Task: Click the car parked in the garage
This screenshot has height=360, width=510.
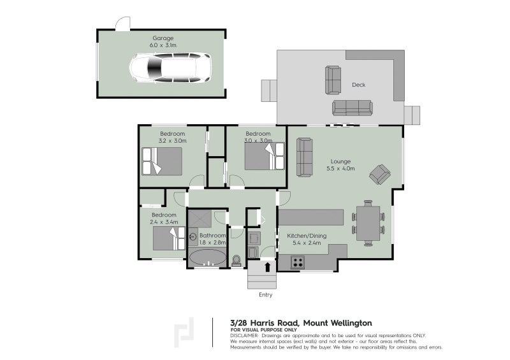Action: pyautogui.click(x=170, y=68)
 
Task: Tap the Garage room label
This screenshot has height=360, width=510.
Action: pyautogui.click(x=162, y=38)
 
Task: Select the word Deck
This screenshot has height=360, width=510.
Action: pyautogui.click(x=358, y=85)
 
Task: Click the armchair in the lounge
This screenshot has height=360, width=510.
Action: pyautogui.click(x=381, y=173)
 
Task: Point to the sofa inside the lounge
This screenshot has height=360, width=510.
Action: pyautogui.click(x=305, y=157)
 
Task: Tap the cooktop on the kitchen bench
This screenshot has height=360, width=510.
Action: pyautogui.click(x=298, y=261)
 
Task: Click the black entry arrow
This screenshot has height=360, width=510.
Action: pyautogui.click(x=266, y=265)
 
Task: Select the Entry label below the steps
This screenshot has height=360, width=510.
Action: pyautogui.click(x=266, y=295)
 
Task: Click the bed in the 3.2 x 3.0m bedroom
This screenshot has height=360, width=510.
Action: pyautogui.click(x=162, y=161)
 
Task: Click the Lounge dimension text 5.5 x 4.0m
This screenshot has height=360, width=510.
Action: pyautogui.click(x=340, y=169)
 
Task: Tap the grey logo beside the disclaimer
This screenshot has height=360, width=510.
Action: pyautogui.click(x=185, y=332)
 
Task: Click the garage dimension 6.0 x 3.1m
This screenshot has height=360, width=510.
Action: pyautogui.click(x=162, y=46)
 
